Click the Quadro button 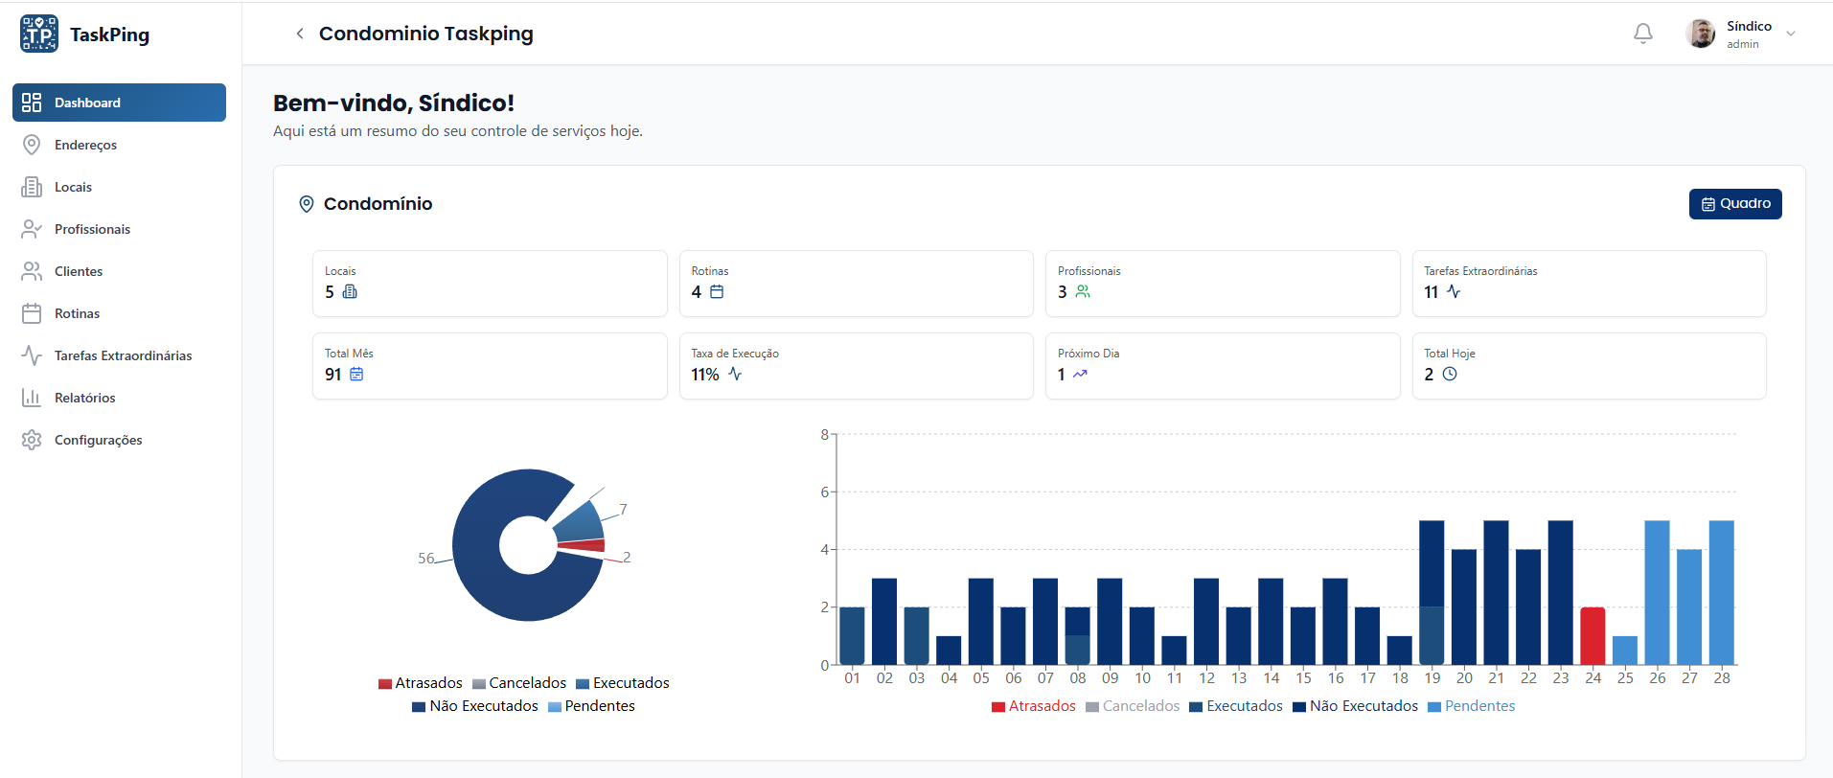(x=1734, y=204)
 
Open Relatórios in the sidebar (x=84, y=398)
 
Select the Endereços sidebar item (x=85, y=145)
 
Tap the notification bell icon (x=1642, y=34)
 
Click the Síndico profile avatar (x=1700, y=34)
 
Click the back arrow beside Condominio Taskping (x=300, y=34)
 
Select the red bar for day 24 (x=1592, y=635)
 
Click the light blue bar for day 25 (x=1624, y=650)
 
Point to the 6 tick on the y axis (x=825, y=492)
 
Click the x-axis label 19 (x=1432, y=678)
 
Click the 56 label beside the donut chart (x=425, y=558)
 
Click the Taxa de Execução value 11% (x=704, y=375)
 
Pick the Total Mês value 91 (x=332, y=375)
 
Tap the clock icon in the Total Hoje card (x=1449, y=375)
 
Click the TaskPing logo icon (x=39, y=34)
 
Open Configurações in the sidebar (x=98, y=440)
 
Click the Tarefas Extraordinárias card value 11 (x=1431, y=292)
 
